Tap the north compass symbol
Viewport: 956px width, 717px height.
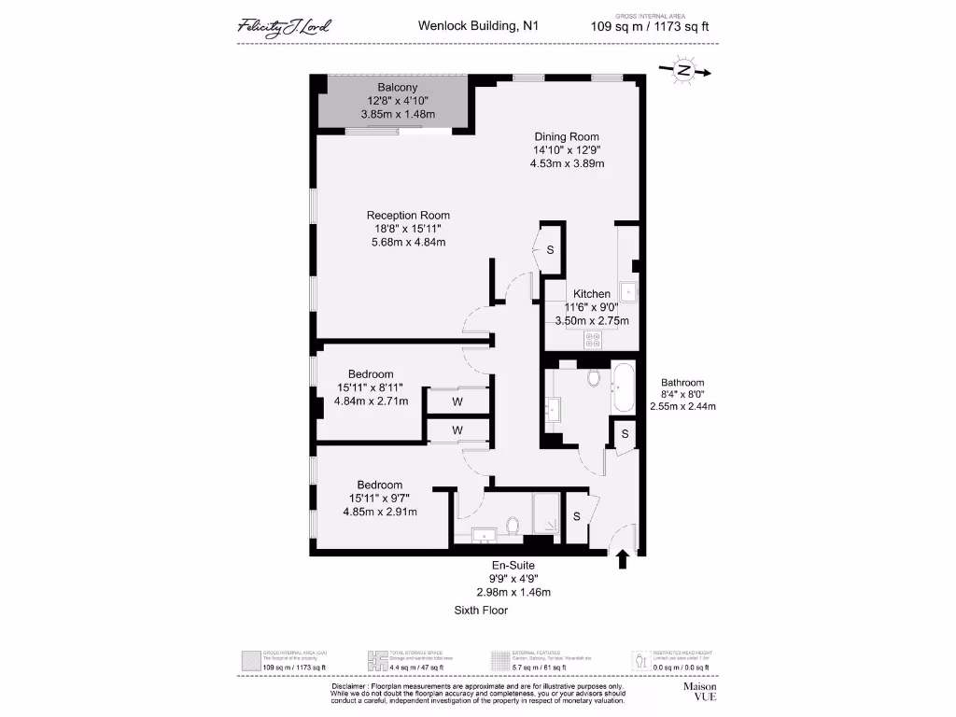pos(684,71)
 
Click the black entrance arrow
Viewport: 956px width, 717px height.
pos(623,558)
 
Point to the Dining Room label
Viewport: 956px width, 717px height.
pos(567,136)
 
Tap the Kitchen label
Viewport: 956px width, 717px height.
pos(592,294)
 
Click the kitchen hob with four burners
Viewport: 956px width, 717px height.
pos(592,338)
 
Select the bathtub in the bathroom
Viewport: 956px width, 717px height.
pos(623,387)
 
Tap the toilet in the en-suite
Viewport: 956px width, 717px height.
pos(512,527)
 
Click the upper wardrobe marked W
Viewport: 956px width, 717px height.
pos(457,401)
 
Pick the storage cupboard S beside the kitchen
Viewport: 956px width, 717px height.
pos(550,250)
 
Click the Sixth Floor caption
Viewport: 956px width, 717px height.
pos(482,610)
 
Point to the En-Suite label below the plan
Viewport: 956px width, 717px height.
pos(513,566)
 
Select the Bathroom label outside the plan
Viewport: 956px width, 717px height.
pos(682,383)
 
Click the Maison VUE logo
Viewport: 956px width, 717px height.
pos(700,691)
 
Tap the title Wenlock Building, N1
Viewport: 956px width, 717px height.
pos(477,27)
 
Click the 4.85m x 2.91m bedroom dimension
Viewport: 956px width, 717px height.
pos(380,512)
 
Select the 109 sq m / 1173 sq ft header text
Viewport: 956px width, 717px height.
pos(650,27)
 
